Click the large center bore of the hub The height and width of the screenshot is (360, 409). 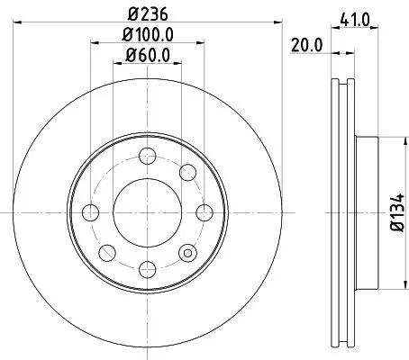[x=148, y=212]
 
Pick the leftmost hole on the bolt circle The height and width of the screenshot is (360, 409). [x=90, y=213]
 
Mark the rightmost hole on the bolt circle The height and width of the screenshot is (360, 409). [x=205, y=213]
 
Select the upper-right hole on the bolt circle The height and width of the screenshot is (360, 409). [x=187, y=172]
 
